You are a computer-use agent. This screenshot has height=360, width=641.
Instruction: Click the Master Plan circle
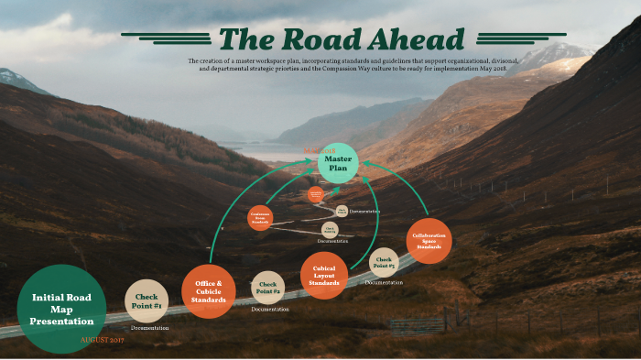point(338,163)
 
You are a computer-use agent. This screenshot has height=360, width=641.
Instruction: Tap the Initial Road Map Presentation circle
point(62,309)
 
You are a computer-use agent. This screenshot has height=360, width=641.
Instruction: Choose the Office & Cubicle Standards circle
point(208,290)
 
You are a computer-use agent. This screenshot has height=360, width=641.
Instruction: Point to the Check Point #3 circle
point(383,262)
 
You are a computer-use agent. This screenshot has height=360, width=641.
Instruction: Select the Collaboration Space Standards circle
point(429,241)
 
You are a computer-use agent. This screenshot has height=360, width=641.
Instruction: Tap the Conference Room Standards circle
point(260,218)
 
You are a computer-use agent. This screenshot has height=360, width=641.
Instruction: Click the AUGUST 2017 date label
point(102,340)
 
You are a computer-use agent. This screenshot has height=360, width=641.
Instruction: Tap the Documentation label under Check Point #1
point(149,327)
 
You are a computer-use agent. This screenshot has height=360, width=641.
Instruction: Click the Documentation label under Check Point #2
point(270,310)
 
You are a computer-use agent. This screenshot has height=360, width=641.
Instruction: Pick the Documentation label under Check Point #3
point(384,282)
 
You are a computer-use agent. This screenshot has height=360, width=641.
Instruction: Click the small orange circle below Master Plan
point(315,194)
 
